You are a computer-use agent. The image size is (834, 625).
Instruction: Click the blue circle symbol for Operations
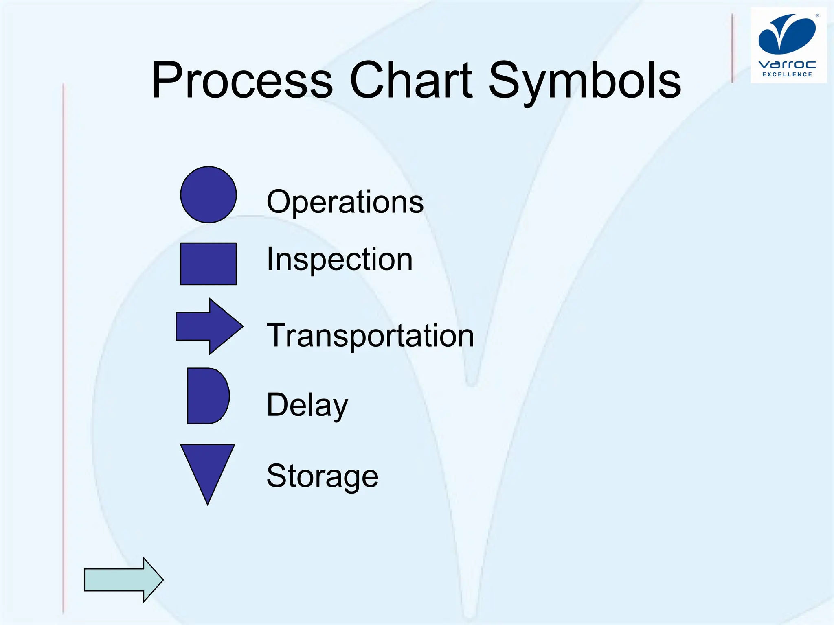pyautogui.click(x=208, y=194)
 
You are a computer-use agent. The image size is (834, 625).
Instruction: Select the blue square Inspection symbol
pyautogui.click(x=208, y=264)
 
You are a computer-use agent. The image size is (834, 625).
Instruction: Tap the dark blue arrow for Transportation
pyautogui.click(x=208, y=326)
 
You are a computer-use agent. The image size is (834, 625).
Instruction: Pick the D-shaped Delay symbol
pyautogui.click(x=206, y=396)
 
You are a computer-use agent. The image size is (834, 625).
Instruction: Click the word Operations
pyautogui.click(x=345, y=202)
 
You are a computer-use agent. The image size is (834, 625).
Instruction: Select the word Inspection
pyautogui.click(x=339, y=259)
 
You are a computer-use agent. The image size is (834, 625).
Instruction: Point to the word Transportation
pyautogui.click(x=370, y=336)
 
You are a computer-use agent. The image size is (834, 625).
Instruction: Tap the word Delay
pyautogui.click(x=307, y=405)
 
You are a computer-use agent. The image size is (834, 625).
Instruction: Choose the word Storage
pyautogui.click(x=322, y=476)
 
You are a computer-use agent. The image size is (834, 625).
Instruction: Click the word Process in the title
pyautogui.click(x=242, y=80)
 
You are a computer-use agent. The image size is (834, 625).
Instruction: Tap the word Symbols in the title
pyautogui.click(x=584, y=80)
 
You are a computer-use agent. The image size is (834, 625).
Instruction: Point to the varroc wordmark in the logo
pyautogui.click(x=787, y=65)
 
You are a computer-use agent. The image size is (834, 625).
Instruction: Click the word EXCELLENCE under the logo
pyautogui.click(x=787, y=74)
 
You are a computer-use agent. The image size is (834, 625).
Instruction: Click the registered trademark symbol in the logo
pyautogui.click(x=817, y=16)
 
